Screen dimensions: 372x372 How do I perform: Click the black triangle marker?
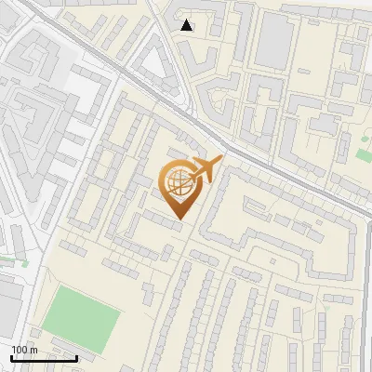pyautogui.click(x=187, y=25)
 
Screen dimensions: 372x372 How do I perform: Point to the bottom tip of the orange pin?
pyautogui.click(x=179, y=219)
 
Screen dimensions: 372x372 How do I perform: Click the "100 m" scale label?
pyautogui.click(x=24, y=349)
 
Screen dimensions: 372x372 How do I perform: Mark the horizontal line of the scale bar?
pyautogui.click(x=44, y=358)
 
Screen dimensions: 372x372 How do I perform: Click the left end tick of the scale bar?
pyautogui.click(x=11, y=356)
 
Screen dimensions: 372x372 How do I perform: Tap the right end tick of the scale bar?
pyautogui.click(x=77, y=356)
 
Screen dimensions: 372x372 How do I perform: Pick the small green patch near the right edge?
pyautogui.click(x=363, y=153)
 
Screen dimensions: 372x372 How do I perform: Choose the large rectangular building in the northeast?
pyautogui.click(x=275, y=40)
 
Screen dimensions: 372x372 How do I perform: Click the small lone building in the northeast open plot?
pyautogui.click(x=303, y=70)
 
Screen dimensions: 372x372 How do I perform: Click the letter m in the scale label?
pyautogui.click(x=33, y=349)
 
